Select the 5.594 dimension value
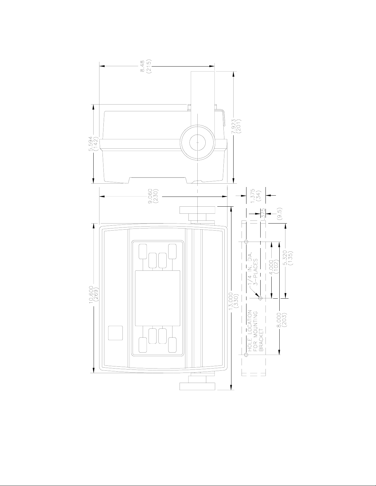click(91, 144)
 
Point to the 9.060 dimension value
click(150, 196)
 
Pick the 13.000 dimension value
click(231, 302)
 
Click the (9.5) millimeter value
click(280, 214)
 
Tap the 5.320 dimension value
click(285, 258)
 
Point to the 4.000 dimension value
click(271, 267)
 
